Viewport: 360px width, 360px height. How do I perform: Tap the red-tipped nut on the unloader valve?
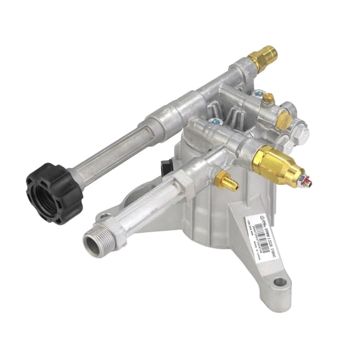pyautogui.click(x=303, y=182)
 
